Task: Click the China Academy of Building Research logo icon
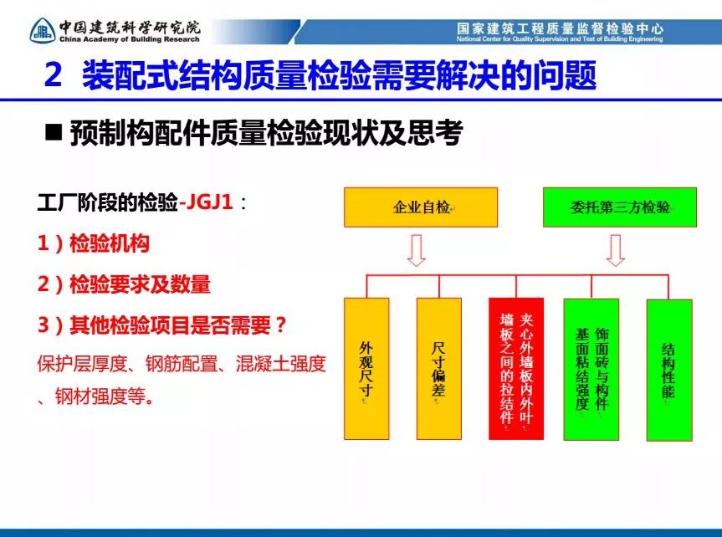tap(43, 31)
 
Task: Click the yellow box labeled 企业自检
tap(421, 207)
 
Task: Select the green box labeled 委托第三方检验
tap(620, 207)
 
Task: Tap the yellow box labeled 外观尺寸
tap(366, 369)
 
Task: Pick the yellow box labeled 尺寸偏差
tap(439, 369)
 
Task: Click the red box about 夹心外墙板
tap(516, 369)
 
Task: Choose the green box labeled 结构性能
tap(669, 370)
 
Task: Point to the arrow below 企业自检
tap(417, 251)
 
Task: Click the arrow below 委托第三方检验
tap(616, 251)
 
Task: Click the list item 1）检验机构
tap(94, 243)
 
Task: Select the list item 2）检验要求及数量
tap(124, 284)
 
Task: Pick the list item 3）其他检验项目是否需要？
tap(162, 325)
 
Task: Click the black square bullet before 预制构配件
tap(54, 132)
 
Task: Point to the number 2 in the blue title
tap(54, 75)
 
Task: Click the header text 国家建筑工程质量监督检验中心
tap(560, 28)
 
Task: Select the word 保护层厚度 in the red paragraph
tap(82, 364)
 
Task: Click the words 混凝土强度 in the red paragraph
tap(281, 364)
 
